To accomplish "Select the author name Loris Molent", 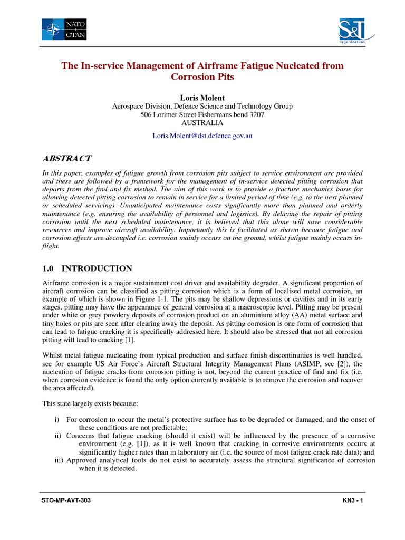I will tap(202, 98).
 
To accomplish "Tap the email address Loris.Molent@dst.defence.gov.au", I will tap(202, 136).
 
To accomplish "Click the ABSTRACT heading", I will tap(66, 158).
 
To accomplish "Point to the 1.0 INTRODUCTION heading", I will tap(87, 268).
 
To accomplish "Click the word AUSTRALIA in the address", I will tap(202, 122).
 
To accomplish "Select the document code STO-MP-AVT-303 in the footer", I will tap(66, 500).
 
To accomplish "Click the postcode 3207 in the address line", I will tap(255, 114).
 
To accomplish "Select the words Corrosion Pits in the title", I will tap(202, 77).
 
